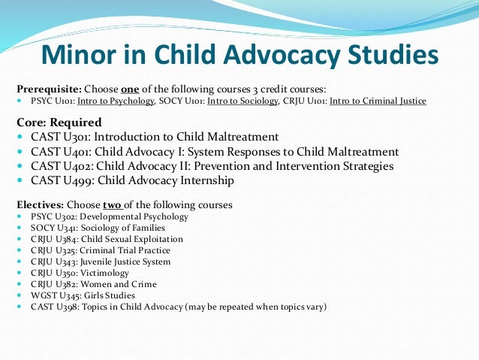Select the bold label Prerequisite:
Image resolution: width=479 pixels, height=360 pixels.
[x=46, y=87]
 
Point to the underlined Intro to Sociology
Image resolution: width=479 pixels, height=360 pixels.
[x=241, y=101]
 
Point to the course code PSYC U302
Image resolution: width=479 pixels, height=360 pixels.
[x=47, y=216]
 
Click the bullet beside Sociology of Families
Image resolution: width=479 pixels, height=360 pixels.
[x=19, y=228]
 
